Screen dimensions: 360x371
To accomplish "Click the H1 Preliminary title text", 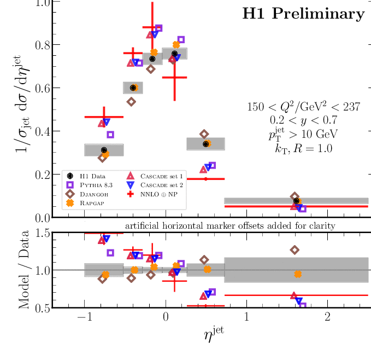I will click(x=303, y=14).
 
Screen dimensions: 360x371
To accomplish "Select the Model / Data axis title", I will click(x=24, y=270).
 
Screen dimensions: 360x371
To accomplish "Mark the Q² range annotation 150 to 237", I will click(x=304, y=107).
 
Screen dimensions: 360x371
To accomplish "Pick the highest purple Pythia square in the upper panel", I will click(x=158, y=28).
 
